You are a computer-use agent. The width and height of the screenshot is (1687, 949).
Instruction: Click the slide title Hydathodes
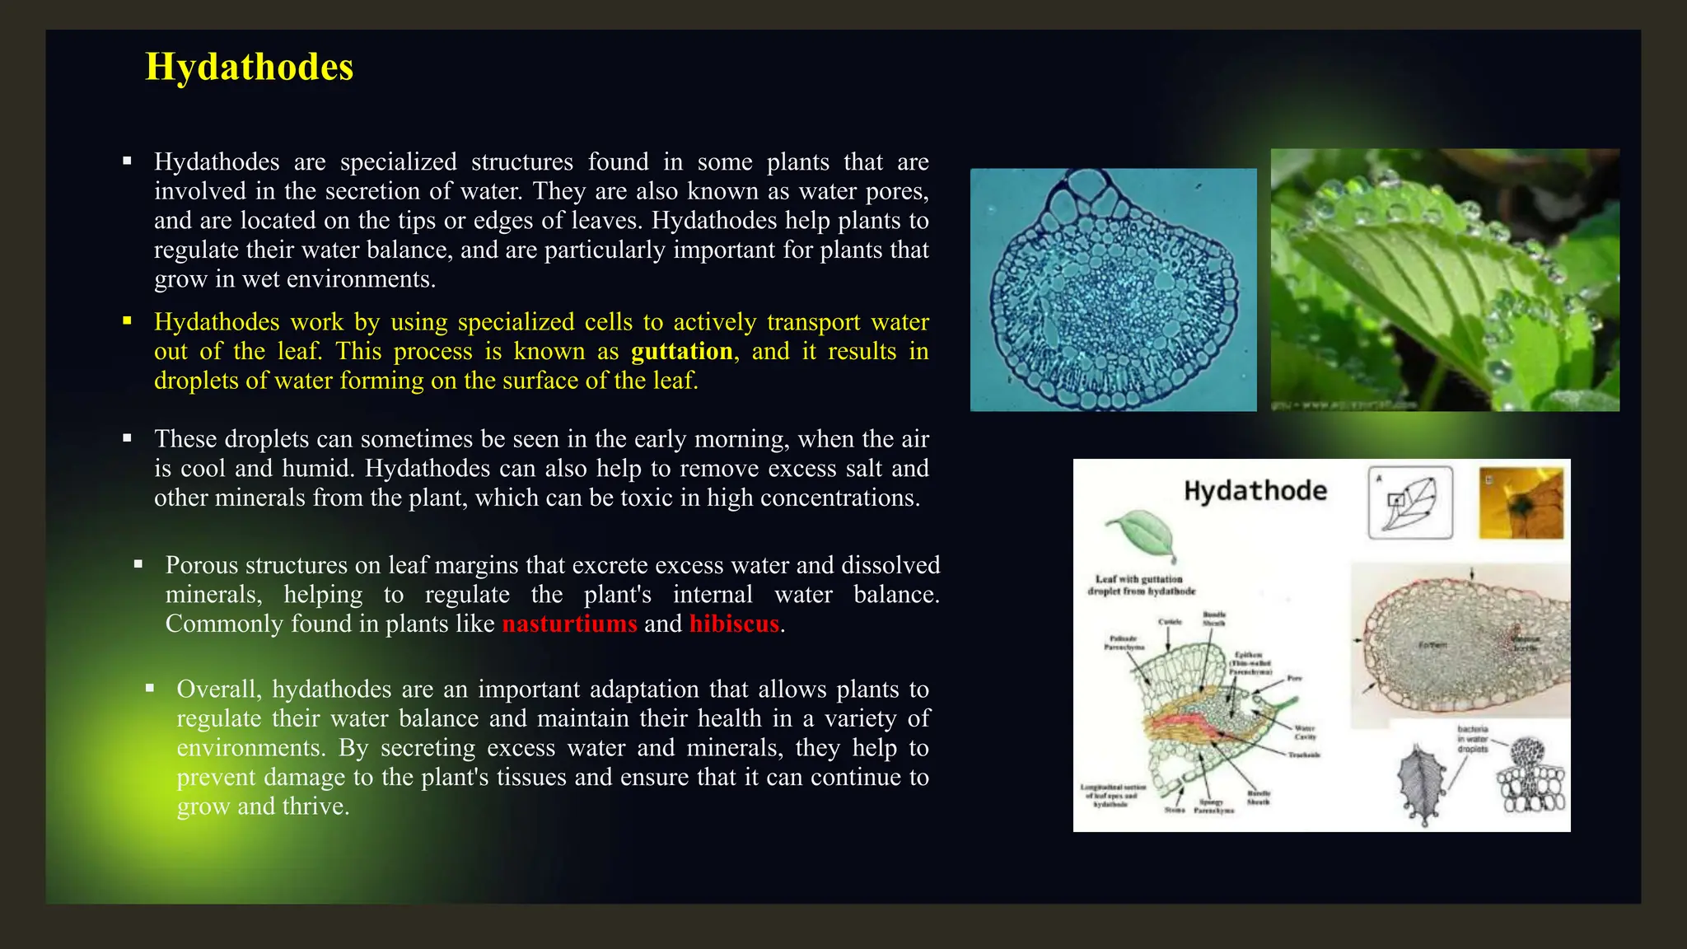coord(249,68)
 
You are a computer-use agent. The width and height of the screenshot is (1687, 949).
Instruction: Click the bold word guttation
coord(681,352)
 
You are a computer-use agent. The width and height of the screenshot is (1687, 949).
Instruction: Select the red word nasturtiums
coord(569,624)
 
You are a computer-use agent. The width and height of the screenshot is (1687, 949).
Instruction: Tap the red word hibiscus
coord(734,624)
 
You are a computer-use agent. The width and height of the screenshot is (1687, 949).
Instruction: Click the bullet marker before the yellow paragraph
coord(128,321)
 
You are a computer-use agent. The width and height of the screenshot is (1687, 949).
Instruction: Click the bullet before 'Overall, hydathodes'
coord(150,688)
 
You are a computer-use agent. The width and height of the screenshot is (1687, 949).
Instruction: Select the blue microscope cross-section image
coord(1113,290)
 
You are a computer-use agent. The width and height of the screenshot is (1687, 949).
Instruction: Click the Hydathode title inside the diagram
coord(1255,492)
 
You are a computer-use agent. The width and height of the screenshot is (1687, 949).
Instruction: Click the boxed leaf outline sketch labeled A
coord(1410,503)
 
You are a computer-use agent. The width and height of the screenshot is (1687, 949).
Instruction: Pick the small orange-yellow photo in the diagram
coord(1521,503)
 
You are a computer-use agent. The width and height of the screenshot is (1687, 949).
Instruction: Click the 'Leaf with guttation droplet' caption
coord(1140,585)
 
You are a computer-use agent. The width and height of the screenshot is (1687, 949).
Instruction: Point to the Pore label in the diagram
coord(1294,679)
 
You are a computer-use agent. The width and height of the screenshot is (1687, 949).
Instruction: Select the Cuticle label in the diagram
coord(1171,622)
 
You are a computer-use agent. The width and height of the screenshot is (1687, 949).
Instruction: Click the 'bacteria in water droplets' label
coord(1472,739)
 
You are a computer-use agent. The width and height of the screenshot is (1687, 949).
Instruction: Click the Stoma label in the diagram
coord(1174,811)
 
